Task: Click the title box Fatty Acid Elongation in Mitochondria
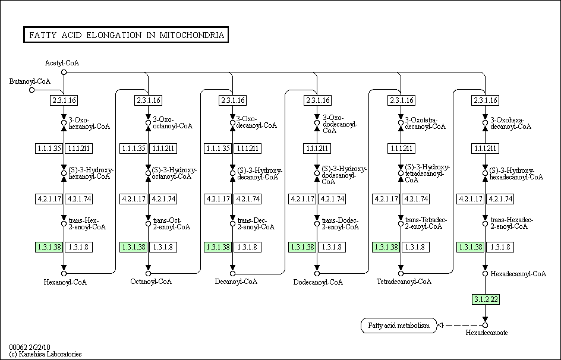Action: [126, 34]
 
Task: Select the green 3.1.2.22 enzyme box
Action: [486, 299]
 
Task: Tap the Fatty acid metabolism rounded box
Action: [399, 326]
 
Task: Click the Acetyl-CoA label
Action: [62, 63]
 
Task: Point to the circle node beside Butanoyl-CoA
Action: [32, 90]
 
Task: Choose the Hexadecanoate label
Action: [487, 333]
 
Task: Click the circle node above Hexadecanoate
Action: [485, 325]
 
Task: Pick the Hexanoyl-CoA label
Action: [65, 282]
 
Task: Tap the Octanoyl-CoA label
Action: [151, 282]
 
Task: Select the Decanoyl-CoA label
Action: [236, 282]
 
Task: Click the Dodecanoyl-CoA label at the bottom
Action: [318, 282]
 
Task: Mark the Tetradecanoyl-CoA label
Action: [404, 282]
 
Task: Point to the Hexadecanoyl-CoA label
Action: [518, 274]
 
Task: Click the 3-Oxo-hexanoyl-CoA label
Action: [89, 123]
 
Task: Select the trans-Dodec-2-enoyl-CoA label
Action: [341, 223]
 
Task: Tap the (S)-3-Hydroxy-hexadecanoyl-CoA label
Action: [516, 173]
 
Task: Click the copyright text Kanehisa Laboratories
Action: [45, 354]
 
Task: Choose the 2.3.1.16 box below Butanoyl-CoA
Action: [64, 100]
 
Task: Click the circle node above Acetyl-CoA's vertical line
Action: [64, 72]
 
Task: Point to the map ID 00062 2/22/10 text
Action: [30, 347]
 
